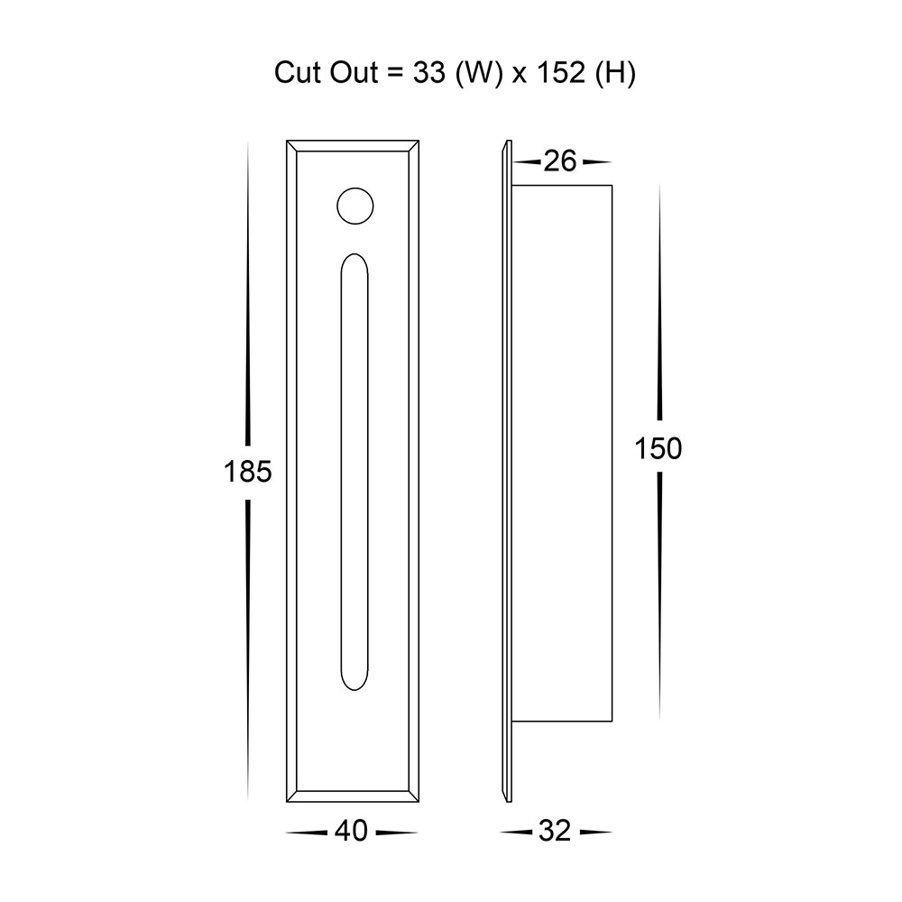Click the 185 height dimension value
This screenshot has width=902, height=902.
tap(247, 472)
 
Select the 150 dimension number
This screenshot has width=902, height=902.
tap(658, 448)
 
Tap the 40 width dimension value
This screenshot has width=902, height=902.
tap(351, 832)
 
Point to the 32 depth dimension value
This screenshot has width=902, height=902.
tap(555, 832)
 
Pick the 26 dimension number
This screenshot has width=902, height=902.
tap(560, 161)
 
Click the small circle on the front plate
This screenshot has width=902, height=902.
tap(354, 206)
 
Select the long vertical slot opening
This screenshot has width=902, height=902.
tap(354, 472)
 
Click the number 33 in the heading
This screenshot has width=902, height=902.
tap(429, 73)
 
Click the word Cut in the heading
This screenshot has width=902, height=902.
tap(298, 73)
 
